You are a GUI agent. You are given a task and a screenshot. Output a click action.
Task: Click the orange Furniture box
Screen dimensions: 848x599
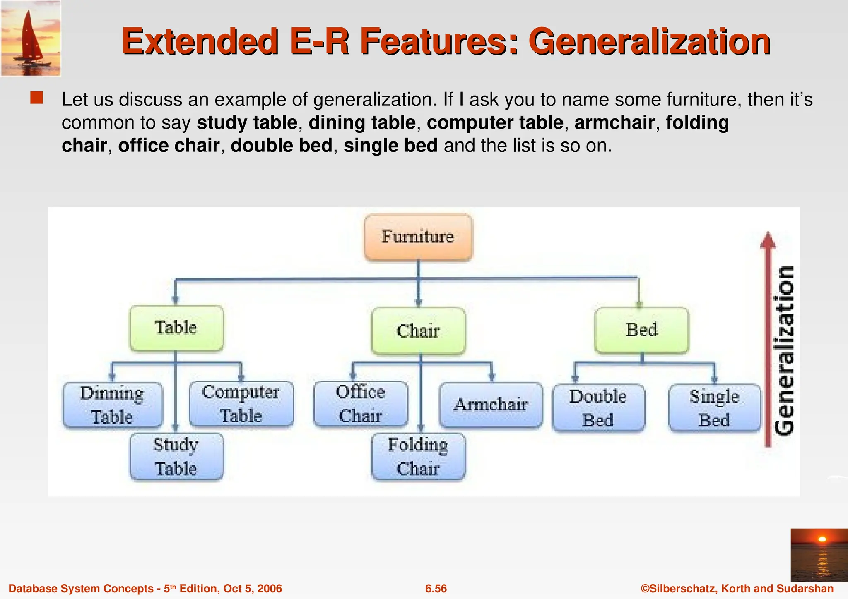(x=418, y=237)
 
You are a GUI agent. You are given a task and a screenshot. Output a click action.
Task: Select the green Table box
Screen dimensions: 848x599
(x=176, y=328)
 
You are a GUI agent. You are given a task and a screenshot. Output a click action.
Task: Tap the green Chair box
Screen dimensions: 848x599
(x=418, y=331)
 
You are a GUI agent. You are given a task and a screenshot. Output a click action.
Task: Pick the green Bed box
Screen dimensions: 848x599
(x=641, y=330)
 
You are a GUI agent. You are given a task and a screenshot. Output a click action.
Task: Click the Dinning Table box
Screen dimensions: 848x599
(x=113, y=405)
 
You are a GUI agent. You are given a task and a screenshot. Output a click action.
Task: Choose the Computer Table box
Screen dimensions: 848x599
(x=241, y=404)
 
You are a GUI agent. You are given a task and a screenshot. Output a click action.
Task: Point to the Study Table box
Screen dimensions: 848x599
(x=176, y=457)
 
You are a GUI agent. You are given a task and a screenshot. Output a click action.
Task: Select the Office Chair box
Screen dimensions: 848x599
(x=361, y=404)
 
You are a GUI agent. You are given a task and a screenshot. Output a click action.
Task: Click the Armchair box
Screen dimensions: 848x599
(x=491, y=405)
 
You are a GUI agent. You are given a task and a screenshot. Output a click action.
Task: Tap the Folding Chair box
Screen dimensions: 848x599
(x=418, y=457)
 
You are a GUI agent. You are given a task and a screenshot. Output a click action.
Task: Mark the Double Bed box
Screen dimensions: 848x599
(x=598, y=408)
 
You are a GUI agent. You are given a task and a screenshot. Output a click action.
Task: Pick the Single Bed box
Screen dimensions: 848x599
(x=715, y=408)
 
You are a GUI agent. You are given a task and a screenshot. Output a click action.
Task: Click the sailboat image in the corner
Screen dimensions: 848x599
(x=31, y=38)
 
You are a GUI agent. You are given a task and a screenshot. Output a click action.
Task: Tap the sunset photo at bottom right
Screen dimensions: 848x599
(x=819, y=555)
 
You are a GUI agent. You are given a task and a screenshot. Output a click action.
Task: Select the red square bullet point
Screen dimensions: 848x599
(x=36, y=98)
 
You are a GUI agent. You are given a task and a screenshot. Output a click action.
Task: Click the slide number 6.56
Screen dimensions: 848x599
(x=436, y=589)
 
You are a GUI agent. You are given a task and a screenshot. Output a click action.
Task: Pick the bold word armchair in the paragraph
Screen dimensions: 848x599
(x=614, y=122)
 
